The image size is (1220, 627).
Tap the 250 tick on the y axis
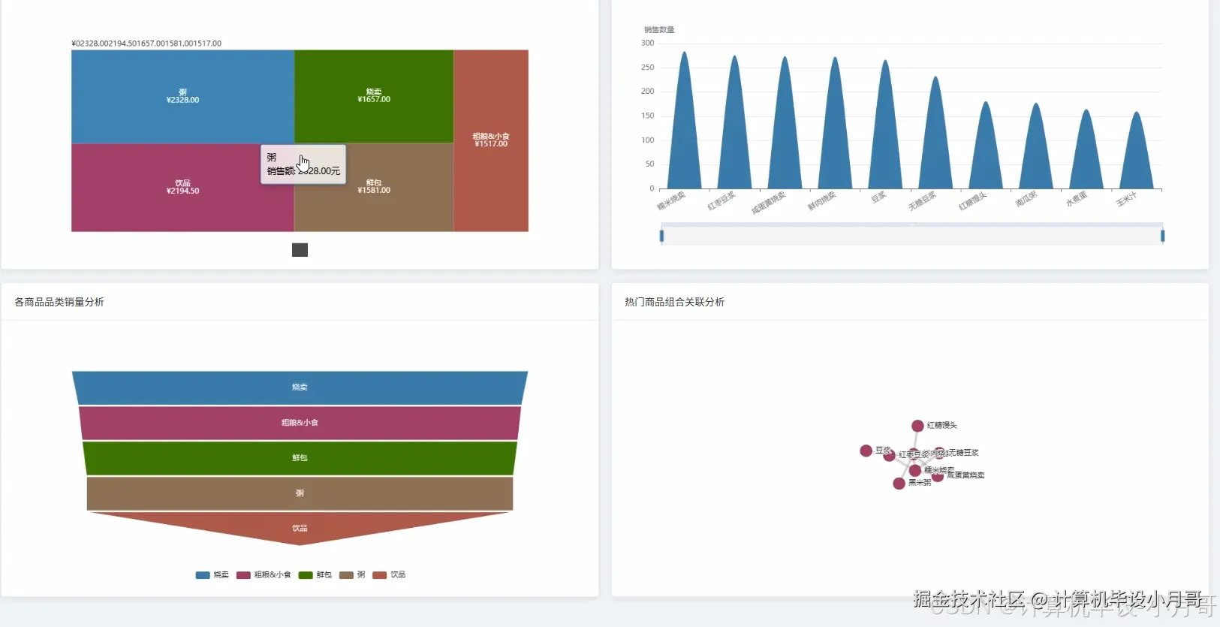[x=647, y=68]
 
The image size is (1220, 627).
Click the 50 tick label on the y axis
[x=649, y=164]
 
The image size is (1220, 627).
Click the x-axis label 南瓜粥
[x=1026, y=199]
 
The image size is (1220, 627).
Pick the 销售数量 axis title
[x=659, y=30]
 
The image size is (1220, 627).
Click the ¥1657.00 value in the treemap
[x=374, y=99]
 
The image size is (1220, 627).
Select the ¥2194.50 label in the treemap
[x=182, y=191]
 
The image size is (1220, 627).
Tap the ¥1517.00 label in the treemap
[x=491, y=143]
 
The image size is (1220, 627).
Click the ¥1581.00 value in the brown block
[x=374, y=190]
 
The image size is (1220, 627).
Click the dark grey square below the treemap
[x=300, y=250]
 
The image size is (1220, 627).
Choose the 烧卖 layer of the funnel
[x=300, y=387]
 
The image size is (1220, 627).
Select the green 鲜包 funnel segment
[x=300, y=458]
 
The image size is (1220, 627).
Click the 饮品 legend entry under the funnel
[x=390, y=575]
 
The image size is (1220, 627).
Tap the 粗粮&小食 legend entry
[x=264, y=575]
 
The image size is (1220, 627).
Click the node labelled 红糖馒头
[x=917, y=426]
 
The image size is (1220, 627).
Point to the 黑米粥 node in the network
[x=899, y=484]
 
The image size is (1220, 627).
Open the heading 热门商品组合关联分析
[x=674, y=302]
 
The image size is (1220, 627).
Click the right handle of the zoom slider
[x=1162, y=236]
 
